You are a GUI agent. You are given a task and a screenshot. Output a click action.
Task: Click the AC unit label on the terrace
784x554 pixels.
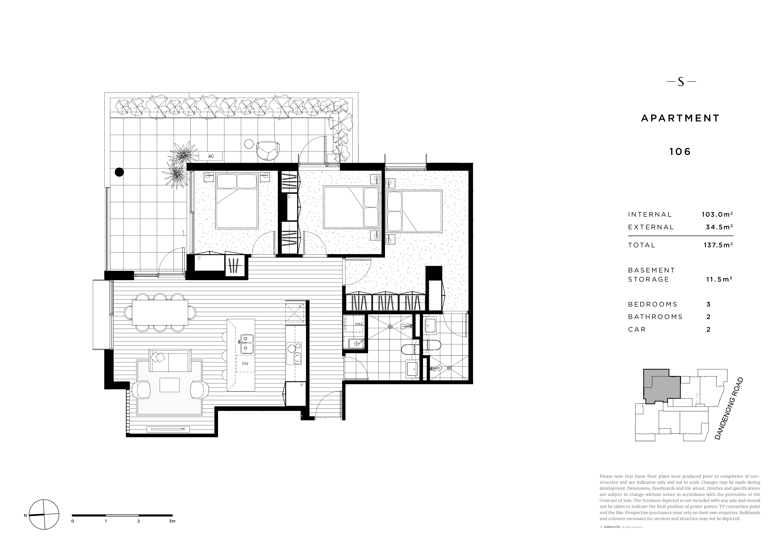click(211, 156)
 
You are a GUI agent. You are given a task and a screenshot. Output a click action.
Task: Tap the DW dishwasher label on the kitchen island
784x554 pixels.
click(245, 364)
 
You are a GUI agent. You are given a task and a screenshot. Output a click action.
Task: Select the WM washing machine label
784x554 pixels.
click(358, 324)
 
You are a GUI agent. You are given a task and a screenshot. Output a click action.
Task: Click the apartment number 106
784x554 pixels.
click(680, 151)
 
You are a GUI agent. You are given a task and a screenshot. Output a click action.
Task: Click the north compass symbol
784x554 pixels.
click(44, 514)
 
